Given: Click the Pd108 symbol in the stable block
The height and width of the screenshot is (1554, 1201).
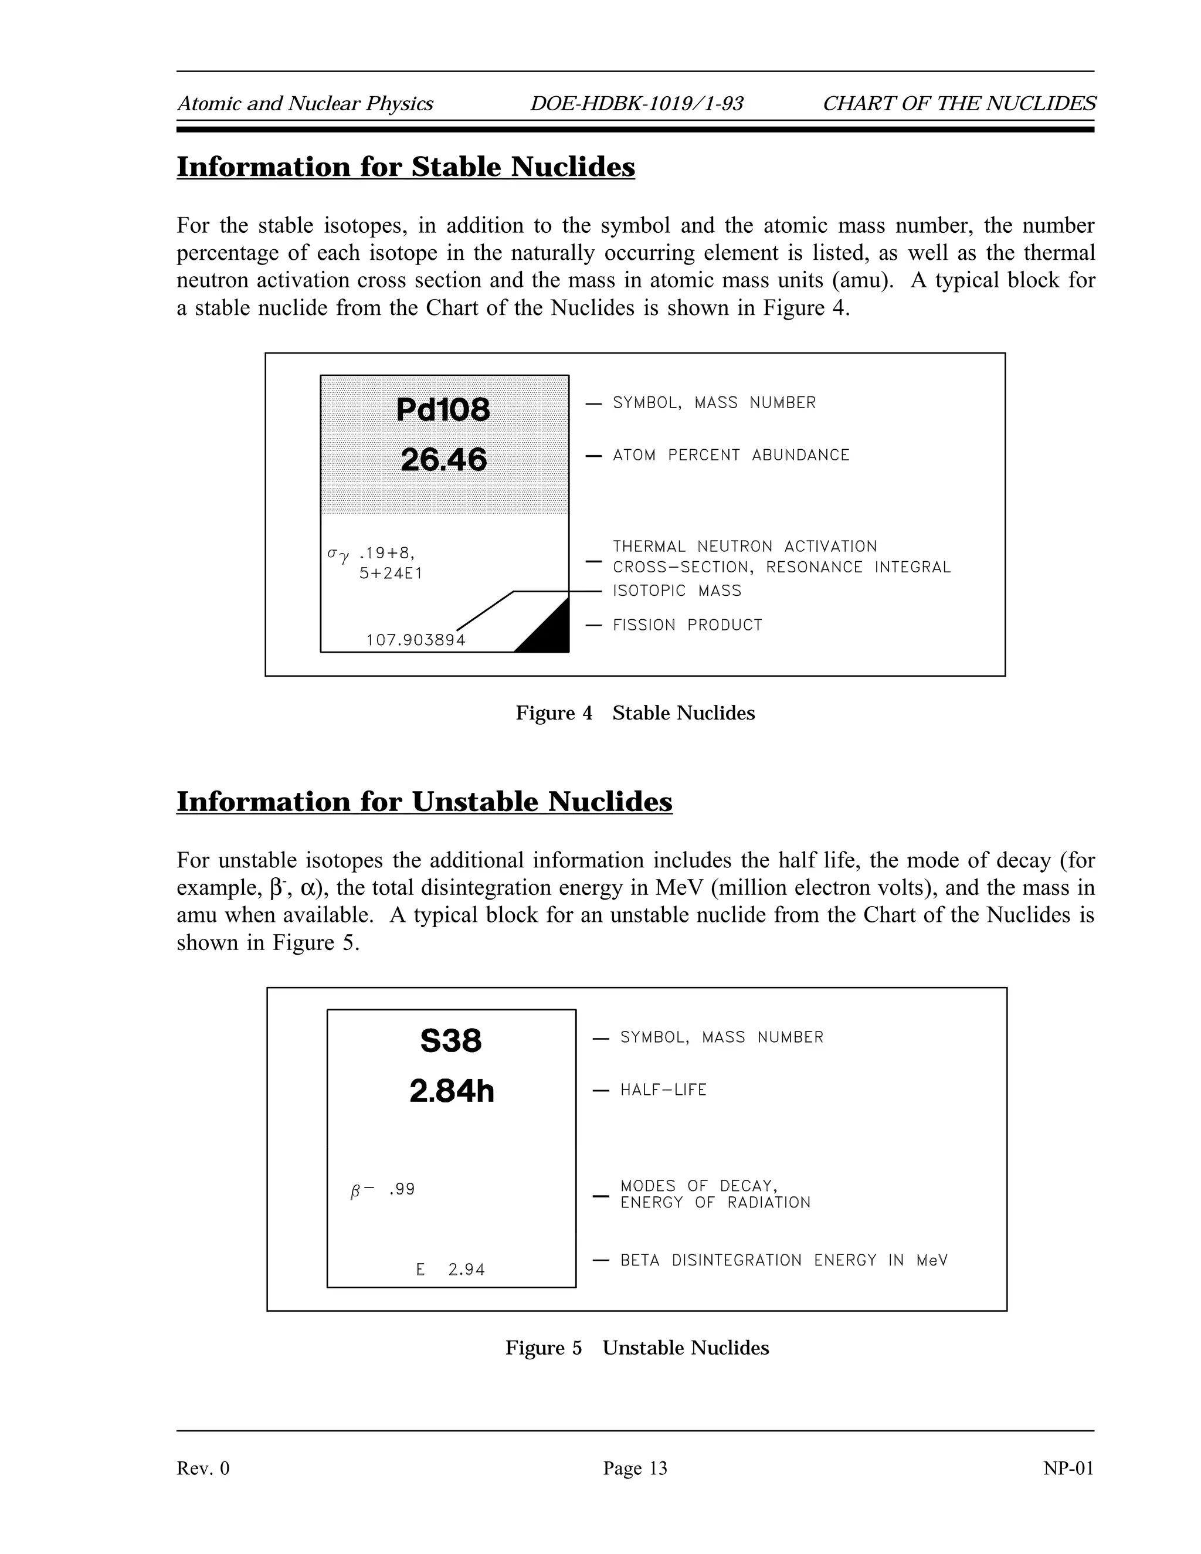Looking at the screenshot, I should (x=443, y=409).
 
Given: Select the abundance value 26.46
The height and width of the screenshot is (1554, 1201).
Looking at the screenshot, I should (x=443, y=460).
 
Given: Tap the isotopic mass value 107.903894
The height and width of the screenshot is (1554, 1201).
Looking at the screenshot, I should (x=416, y=640).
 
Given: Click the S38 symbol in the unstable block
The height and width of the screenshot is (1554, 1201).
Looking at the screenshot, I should (x=450, y=1041).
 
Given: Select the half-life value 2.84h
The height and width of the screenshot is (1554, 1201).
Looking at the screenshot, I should (x=451, y=1091).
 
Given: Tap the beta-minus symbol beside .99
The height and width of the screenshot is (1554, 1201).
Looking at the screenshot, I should (x=361, y=1190).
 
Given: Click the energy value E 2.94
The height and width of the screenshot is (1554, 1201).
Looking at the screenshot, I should (x=450, y=1270).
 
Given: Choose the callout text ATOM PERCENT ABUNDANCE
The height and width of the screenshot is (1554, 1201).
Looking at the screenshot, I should (x=731, y=456).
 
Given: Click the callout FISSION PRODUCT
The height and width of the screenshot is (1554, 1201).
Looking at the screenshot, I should (x=687, y=626).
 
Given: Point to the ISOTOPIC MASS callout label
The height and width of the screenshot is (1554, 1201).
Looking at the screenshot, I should (x=677, y=591).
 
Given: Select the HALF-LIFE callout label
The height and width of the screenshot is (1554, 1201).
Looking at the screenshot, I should (x=663, y=1090).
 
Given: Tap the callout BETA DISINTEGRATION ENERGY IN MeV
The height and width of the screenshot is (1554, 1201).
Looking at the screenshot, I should (x=783, y=1260).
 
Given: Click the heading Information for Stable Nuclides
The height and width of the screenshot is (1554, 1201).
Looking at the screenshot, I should (x=406, y=167).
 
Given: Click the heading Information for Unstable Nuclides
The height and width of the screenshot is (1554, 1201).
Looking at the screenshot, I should (x=424, y=802).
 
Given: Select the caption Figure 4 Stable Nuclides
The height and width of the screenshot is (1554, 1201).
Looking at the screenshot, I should (x=635, y=713).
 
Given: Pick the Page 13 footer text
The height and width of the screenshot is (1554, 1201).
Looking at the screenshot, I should (x=635, y=1468).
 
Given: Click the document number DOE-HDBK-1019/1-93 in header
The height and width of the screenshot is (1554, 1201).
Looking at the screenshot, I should (x=636, y=104).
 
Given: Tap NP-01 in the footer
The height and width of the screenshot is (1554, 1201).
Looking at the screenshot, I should (x=1068, y=1468).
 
